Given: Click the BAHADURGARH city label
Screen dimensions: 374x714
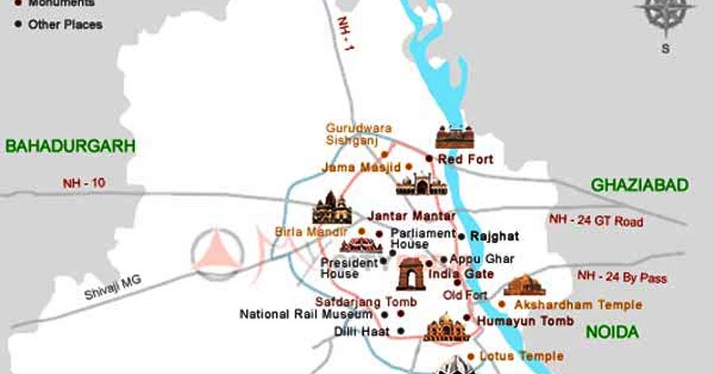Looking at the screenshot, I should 71,146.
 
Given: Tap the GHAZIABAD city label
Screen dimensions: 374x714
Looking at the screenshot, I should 639,185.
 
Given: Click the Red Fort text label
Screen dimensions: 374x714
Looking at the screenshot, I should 466,159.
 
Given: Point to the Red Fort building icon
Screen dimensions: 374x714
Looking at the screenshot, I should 454,137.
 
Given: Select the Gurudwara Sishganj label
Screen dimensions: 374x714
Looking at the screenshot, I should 359,134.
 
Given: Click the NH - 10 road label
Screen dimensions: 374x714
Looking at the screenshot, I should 84,183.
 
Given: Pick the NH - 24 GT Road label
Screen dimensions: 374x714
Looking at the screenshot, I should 596,222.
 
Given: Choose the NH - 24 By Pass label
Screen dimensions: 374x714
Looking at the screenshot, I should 622,278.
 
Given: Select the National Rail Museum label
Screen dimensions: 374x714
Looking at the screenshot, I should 295,314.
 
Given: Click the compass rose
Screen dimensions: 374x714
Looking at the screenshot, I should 665,17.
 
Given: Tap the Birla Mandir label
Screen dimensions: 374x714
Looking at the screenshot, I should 310,231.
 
